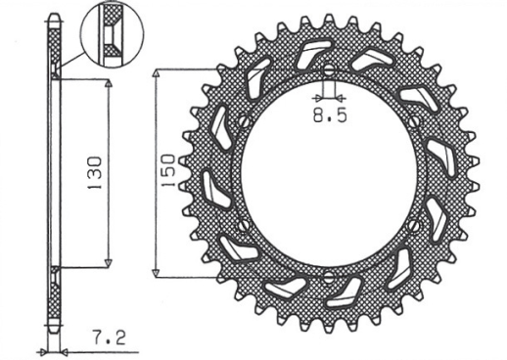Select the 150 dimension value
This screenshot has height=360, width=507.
coord(167,173)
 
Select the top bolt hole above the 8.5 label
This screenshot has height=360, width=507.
coord(330,70)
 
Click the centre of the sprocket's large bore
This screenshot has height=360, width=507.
coord(330,173)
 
